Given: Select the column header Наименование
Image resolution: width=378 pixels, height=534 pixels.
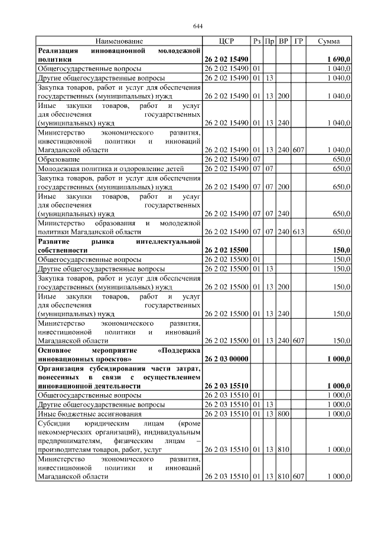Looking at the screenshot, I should (x=119, y=41).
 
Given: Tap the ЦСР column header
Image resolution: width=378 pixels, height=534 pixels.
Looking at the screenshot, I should (x=226, y=41).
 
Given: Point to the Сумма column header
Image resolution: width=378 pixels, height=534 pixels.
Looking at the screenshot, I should (x=328, y=41).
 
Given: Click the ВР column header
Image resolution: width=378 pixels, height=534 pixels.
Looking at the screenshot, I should (x=283, y=41).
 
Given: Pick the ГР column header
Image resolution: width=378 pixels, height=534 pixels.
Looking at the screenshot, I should (x=298, y=41).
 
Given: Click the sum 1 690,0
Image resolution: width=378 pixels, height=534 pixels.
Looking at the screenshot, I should (x=338, y=60).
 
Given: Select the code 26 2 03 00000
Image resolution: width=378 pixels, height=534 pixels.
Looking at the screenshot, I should (x=226, y=358).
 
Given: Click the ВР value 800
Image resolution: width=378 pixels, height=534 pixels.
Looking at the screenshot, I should (x=283, y=414).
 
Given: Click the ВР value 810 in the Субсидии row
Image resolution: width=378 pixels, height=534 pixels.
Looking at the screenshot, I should (x=283, y=449).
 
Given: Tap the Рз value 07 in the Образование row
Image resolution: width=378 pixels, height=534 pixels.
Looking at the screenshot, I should (x=257, y=160).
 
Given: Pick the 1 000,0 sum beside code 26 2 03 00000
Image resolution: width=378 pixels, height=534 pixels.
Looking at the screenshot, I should (x=338, y=358).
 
